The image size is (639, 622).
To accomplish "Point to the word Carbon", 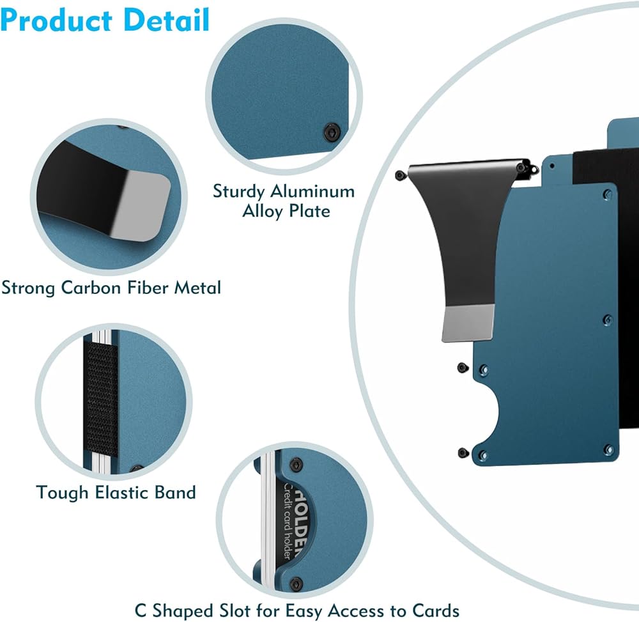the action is [x=91, y=288].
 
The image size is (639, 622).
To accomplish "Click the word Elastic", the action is [x=120, y=492].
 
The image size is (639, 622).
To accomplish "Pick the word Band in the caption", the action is [x=174, y=492].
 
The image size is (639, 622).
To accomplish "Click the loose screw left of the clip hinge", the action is [x=399, y=175].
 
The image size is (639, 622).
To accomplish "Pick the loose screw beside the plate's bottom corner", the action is [x=463, y=453].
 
